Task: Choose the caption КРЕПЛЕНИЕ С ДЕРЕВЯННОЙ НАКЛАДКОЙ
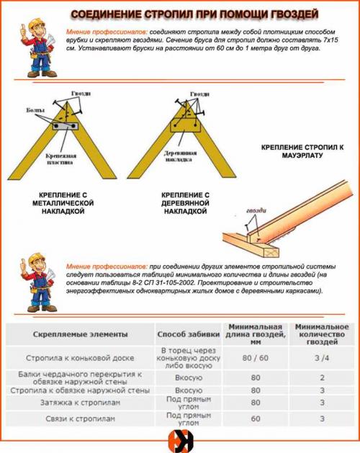click(x=185, y=205)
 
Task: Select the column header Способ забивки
click(x=185, y=334)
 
